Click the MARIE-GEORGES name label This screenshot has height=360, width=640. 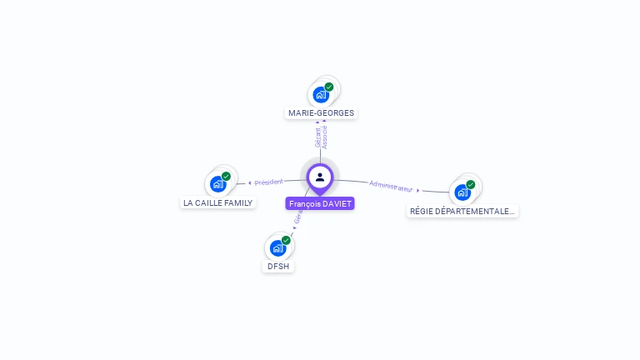pos(321,112)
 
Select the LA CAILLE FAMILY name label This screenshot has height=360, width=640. pos(217,202)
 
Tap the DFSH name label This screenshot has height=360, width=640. pos(277,267)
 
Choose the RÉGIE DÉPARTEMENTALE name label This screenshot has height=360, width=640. pos(462,211)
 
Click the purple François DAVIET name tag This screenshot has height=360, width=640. pos(320,203)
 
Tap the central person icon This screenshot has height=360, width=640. pos(320,177)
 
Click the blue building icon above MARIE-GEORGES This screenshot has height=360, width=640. pos(320,95)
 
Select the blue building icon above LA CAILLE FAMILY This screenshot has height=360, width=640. pos(217,184)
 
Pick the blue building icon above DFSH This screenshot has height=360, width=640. pos(277,247)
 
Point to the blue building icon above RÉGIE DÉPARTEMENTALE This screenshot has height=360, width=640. pos(462,192)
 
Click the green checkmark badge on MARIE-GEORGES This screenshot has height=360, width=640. pos(329,87)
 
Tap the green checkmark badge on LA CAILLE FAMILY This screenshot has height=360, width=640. pos(226,176)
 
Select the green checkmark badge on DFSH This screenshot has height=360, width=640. pos(286,240)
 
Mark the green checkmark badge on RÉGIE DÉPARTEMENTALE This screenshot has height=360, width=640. pos(471,184)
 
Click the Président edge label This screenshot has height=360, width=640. pos(269,182)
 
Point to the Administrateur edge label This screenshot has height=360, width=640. pos(391,186)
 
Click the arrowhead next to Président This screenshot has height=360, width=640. pos(249,182)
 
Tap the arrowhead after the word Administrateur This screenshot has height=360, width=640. pos(418,190)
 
